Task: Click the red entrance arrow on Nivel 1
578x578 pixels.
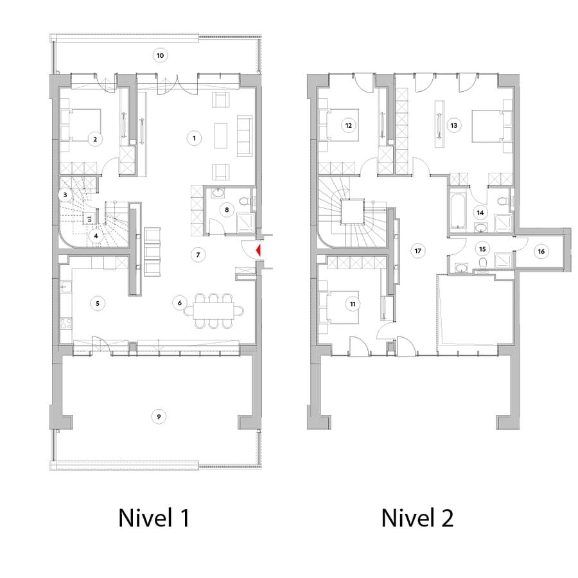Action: click(258, 250)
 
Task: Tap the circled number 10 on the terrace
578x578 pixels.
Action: click(160, 56)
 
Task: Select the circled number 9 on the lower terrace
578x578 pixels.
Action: click(159, 417)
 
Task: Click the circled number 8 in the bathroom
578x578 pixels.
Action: click(226, 209)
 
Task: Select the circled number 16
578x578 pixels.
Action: click(541, 251)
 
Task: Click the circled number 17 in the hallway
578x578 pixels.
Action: click(418, 250)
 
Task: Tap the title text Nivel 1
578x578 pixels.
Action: click(153, 518)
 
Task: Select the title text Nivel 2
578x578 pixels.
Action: click(417, 518)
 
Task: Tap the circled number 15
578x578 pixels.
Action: click(482, 247)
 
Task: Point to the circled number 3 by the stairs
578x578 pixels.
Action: click(65, 194)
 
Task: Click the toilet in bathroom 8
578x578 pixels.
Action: click(243, 202)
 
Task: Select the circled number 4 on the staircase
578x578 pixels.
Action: click(96, 235)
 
